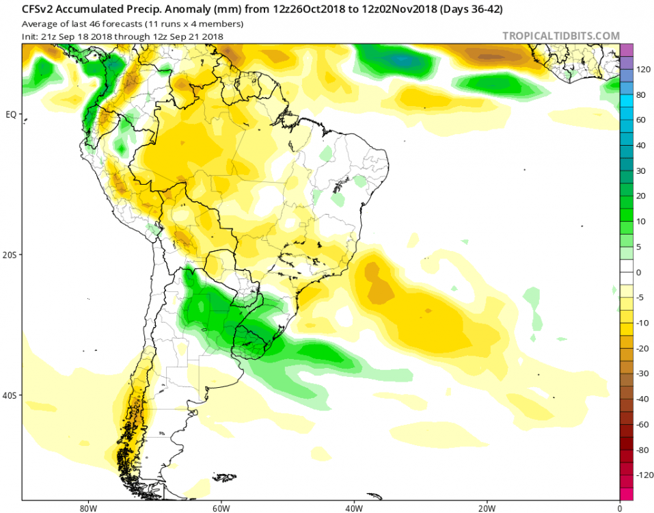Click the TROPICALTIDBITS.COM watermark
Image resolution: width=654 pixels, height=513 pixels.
point(561,36)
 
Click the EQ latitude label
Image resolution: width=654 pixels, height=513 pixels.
point(10,114)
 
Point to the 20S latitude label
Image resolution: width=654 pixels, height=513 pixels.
point(10,254)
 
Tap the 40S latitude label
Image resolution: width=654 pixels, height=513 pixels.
point(10,395)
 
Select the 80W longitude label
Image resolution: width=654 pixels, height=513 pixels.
point(86,508)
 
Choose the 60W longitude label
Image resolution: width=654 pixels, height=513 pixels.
point(220,508)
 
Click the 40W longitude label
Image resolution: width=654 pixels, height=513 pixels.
point(353,508)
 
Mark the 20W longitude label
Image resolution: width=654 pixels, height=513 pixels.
point(487,508)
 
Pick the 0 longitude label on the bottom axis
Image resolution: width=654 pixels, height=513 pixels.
point(619,508)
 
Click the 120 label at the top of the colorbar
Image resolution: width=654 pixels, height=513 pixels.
point(642,70)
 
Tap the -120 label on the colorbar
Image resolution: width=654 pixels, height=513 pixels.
point(644,475)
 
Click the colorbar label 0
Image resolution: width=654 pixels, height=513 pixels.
point(638,272)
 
